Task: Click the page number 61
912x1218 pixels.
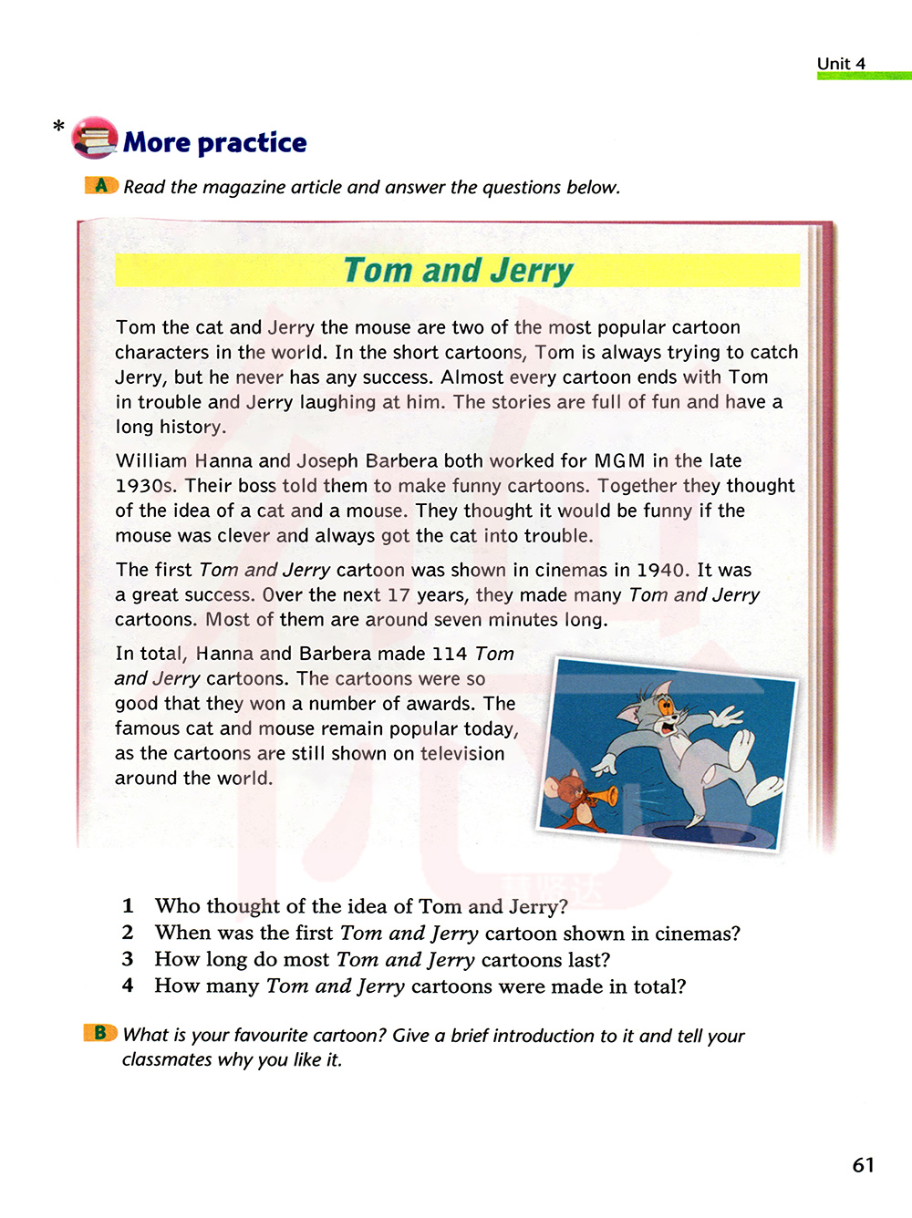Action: pyautogui.click(x=863, y=1165)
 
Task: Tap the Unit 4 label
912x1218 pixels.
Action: pyautogui.click(x=841, y=64)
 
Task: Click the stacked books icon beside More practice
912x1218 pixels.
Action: pyautogui.click(x=95, y=139)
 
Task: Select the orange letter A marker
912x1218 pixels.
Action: pyautogui.click(x=101, y=185)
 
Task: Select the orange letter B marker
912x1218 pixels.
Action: pyautogui.click(x=100, y=1033)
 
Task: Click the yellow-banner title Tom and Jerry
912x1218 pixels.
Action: pyautogui.click(x=458, y=271)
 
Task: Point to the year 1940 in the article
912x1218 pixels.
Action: pyautogui.click(x=661, y=570)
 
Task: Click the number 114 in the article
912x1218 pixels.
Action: pyautogui.click(x=449, y=654)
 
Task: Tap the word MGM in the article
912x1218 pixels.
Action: pyautogui.click(x=619, y=460)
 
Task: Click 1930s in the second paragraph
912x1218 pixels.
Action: pyautogui.click(x=144, y=486)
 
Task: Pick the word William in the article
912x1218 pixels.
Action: pyautogui.click(x=151, y=460)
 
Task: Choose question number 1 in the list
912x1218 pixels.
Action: pyautogui.click(x=128, y=905)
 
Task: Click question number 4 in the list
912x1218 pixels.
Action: pyautogui.click(x=128, y=986)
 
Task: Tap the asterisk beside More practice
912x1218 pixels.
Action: pyautogui.click(x=59, y=127)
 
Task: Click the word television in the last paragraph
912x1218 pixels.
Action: pyautogui.click(x=462, y=754)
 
